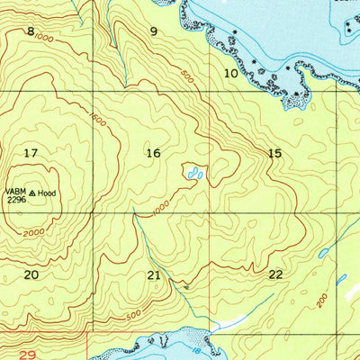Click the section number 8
(x=31, y=31)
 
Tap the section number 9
(x=154, y=31)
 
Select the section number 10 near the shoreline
(x=230, y=73)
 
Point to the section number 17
(x=31, y=153)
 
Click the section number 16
(x=153, y=153)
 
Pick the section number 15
(x=275, y=154)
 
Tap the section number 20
(x=31, y=274)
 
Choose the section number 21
(x=154, y=274)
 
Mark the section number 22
(x=275, y=274)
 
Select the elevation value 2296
(x=15, y=200)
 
